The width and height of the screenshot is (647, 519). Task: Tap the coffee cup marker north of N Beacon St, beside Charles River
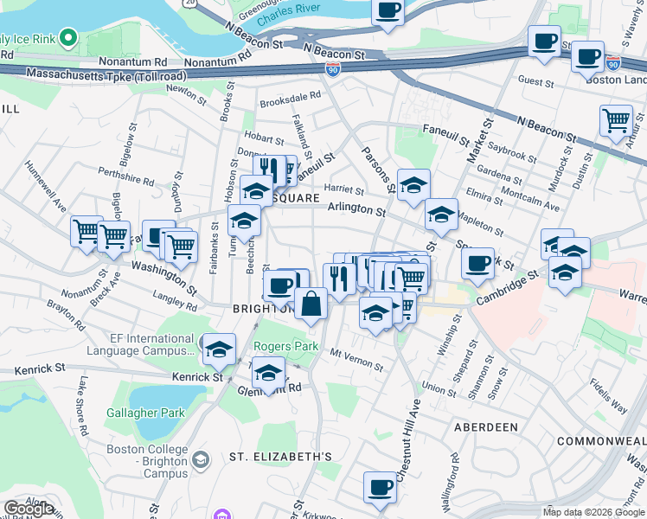click(388, 12)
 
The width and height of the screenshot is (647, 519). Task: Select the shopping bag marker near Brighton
click(311, 304)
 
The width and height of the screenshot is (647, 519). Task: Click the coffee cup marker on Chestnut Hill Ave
click(380, 488)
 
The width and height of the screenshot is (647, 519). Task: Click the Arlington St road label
click(356, 209)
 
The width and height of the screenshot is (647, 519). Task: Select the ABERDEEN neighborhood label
click(485, 427)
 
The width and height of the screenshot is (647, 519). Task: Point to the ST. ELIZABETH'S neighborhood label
click(280, 456)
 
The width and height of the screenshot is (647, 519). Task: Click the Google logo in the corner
click(29, 508)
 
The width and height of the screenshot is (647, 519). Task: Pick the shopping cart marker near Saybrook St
click(616, 121)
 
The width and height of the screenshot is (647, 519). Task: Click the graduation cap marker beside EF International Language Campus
click(220, 349)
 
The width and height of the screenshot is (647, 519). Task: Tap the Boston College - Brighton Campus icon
click(201, 458)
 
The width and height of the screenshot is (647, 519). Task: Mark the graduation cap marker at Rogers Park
click(269, 373)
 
